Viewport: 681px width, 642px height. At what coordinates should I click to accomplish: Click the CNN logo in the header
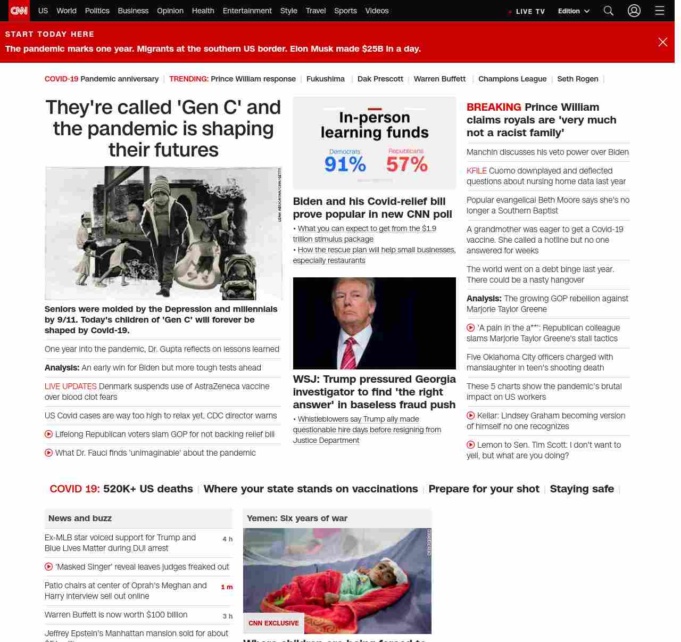19,11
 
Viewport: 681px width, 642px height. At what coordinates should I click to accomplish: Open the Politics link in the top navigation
97,11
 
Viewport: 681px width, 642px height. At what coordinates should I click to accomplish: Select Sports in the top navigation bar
345,11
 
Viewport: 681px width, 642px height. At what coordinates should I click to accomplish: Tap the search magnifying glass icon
609,11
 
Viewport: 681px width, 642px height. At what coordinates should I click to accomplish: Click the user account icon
634,11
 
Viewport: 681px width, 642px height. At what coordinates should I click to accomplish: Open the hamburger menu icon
660,11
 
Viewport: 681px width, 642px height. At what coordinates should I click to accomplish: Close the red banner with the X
662,42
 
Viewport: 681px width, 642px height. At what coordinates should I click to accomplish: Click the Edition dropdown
574,11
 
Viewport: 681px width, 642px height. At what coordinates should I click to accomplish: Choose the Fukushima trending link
326,79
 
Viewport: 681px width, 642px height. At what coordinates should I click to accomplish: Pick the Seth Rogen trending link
577,79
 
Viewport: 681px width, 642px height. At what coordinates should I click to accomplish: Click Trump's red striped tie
350,354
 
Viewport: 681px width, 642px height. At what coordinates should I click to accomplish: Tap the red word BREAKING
494,107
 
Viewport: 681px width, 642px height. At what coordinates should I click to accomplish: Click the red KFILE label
477,171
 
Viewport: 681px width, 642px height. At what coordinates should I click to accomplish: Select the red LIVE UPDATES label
71,386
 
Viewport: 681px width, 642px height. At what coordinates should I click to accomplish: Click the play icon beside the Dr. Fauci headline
49,453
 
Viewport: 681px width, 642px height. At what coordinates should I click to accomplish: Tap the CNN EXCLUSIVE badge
273,623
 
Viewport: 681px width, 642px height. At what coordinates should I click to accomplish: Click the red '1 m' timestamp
227,587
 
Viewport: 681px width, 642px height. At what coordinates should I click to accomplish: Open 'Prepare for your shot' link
484,489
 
